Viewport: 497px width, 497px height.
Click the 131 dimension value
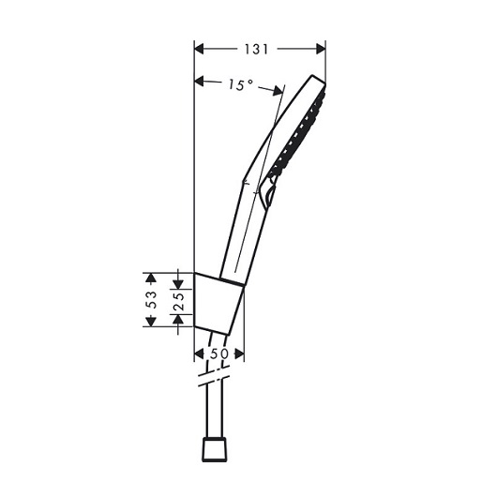(x=256, y=49)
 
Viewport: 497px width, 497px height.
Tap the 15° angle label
(x=241, y=84)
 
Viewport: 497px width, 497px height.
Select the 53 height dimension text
(x=152, y=299)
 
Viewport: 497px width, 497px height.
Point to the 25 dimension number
(x=179, y=302)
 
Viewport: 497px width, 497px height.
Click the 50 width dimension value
(x=219, y=354)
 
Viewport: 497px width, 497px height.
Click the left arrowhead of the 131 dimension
(x=199, y=49)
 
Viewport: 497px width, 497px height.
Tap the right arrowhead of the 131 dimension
(x=321, y=49)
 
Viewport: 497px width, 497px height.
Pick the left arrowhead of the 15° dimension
(x=199, y=82)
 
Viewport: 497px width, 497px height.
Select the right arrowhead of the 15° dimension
(x=278, y=91)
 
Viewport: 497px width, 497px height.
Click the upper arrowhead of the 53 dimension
(x=151, y=278)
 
